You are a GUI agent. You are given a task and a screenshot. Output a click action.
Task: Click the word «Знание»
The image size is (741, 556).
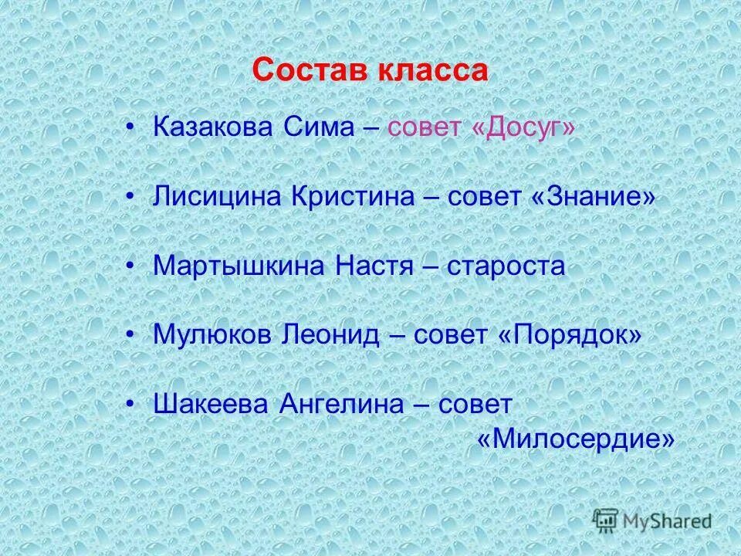pos(593,198)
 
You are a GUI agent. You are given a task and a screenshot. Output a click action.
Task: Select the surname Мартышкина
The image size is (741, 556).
pos(240,266)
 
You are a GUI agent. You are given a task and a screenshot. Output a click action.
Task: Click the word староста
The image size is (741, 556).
pos(504,266)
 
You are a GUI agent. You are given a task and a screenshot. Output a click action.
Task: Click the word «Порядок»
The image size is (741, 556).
pos(570,336)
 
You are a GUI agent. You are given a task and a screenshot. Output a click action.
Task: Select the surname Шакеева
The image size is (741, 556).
pos(210,404)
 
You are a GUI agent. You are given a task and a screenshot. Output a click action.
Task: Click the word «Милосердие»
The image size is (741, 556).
pos(576,439)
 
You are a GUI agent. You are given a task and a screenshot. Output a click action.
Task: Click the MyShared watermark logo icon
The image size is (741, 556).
pos(607,520)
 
